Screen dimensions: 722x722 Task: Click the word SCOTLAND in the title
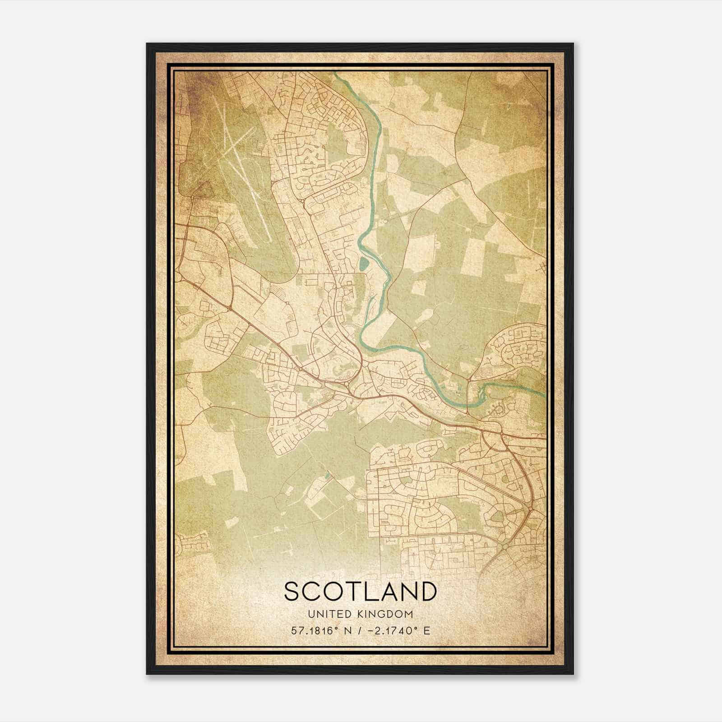(x=361, y=592)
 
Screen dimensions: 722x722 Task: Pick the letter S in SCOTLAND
(x=292, y=592)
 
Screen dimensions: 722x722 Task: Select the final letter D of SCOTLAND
(x=428, y=592)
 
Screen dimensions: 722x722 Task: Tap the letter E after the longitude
(x=427, y=630)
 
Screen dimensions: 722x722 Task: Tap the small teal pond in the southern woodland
(x=327, y=475)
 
